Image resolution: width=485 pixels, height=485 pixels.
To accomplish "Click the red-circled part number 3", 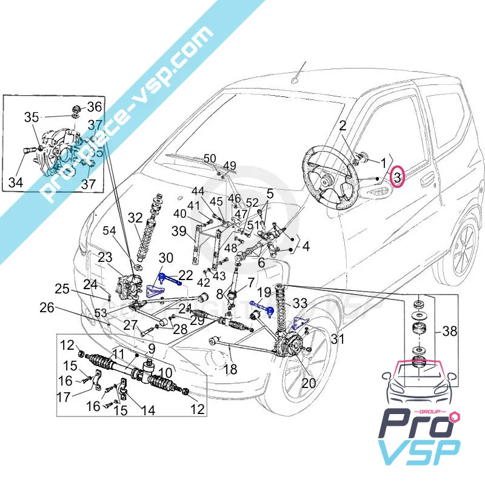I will tap(397, 177).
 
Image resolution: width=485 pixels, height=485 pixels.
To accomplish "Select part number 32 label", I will tap(135, 218).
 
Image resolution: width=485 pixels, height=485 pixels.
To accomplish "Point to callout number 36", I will tap(95, 107).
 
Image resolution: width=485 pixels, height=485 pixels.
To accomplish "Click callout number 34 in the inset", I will tap(16, 181).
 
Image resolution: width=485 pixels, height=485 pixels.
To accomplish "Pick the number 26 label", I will tap(47, 308).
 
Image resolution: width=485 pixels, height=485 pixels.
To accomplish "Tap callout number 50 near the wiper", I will tap(210, 159).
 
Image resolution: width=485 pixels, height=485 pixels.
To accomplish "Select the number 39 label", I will tap(179, 230).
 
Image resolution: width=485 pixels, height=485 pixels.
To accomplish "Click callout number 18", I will tap(230, 369).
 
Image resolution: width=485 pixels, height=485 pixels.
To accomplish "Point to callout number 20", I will tap(309, 384).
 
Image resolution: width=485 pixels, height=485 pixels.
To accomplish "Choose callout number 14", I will tap(147, 410).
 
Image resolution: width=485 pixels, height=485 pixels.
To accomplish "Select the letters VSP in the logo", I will tap(418, 455).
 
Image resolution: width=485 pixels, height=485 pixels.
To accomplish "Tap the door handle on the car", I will tap(429, 179).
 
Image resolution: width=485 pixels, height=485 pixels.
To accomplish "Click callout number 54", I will tap(109, 230).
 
